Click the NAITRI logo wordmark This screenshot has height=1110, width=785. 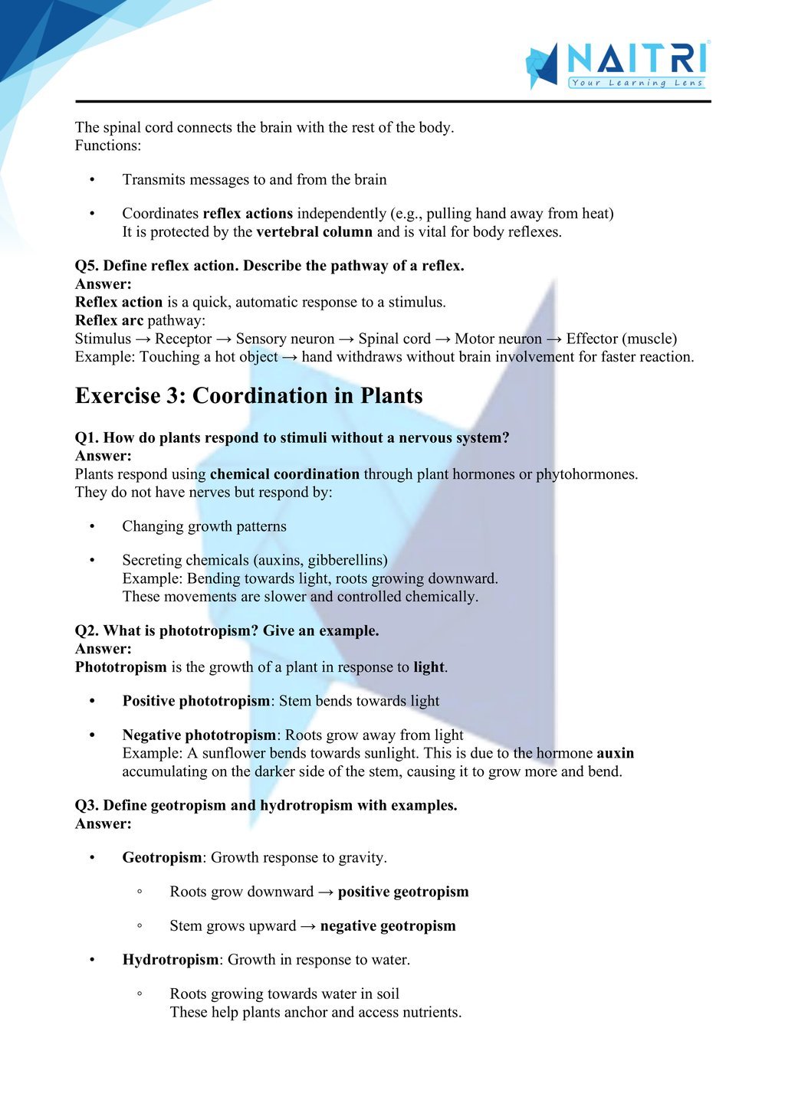(636, 58)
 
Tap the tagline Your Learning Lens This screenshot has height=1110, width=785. (637, 83)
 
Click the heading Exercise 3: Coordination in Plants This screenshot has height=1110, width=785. (248, 395)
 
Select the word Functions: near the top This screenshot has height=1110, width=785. (108, 146)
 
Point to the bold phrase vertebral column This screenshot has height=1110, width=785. (314, 232)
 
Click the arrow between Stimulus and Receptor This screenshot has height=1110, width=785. (143, 339)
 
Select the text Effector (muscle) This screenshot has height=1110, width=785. (621, 339)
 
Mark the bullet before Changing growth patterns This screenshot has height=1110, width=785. (93, 526)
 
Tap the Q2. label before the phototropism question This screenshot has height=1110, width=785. (87, 631)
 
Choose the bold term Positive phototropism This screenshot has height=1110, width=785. (196, 701)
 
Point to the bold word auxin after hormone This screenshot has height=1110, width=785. (615, 753)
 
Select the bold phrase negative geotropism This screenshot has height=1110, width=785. (388, 926)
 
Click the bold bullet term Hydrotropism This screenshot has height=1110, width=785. (170, 960)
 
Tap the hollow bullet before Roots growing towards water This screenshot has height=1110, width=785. (140, 994)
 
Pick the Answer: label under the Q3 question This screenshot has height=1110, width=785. (103, 824)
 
